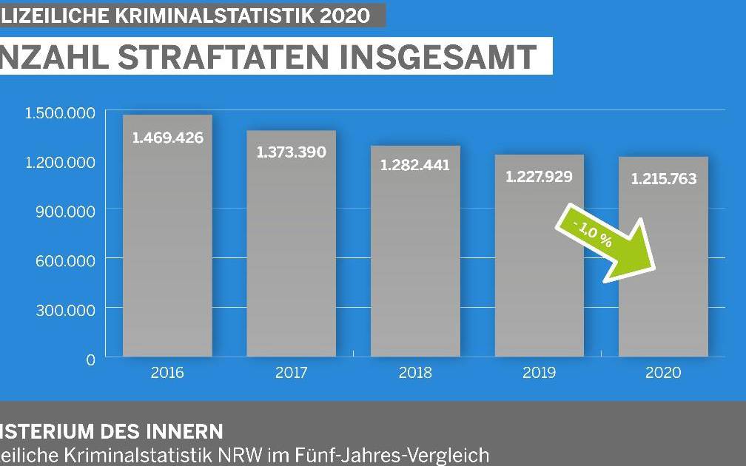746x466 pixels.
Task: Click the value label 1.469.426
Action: (167, 138)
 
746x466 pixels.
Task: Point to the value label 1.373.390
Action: (291, 152)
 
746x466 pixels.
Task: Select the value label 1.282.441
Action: (415, 165)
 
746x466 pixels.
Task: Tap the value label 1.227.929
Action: (539, 178)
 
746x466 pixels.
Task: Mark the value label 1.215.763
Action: (663, 179)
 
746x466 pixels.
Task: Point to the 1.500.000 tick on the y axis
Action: (60, 112)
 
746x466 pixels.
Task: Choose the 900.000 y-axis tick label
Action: (65, 211)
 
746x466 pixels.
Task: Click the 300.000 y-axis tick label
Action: (65, 309)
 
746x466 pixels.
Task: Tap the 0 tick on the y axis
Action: (90, 359)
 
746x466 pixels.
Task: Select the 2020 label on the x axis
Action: (663, 373)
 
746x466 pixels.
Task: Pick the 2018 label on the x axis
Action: (415, 373)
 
